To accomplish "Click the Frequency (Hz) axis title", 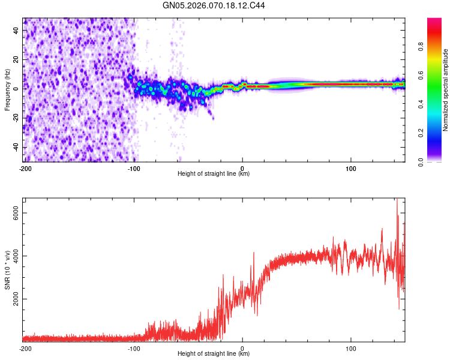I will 7,90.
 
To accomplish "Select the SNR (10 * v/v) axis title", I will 7,270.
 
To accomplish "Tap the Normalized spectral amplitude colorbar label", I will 446,90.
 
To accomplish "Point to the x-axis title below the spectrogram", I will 214,174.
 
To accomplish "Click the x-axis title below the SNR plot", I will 214,354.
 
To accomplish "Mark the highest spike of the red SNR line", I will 397,200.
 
